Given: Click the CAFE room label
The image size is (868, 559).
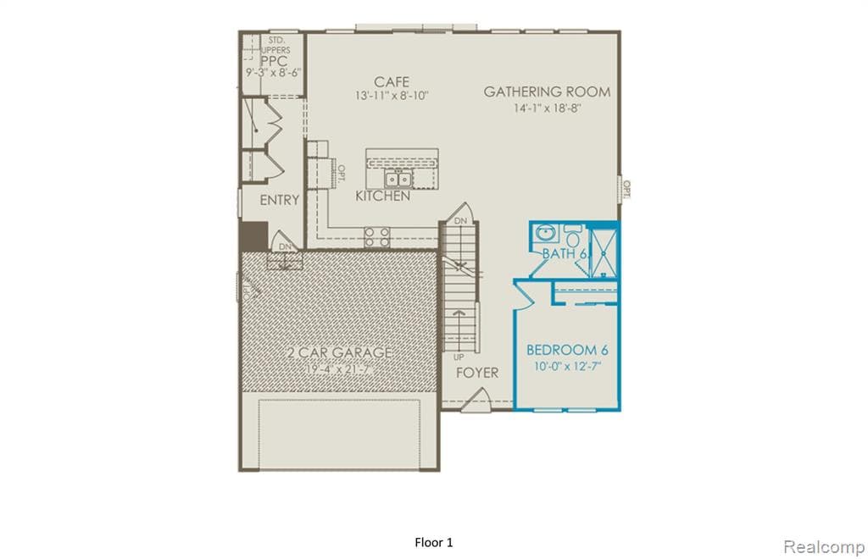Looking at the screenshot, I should pos(392,82).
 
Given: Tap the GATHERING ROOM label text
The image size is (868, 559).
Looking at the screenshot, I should pos(547,91).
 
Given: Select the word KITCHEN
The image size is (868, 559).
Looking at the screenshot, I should pos(382,196).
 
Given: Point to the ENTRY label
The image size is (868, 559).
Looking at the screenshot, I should pos(279,201).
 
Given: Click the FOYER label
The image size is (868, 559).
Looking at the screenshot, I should pos(477,373).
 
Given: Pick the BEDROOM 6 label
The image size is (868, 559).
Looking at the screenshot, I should pos(567,350).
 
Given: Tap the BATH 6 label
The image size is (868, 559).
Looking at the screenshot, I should pos(565,253).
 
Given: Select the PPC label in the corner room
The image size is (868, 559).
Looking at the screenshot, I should pos(273,61).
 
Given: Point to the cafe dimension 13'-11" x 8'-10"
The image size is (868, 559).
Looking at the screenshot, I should pos(392,97).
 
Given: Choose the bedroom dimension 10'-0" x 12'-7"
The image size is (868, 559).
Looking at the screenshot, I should pos(568,366).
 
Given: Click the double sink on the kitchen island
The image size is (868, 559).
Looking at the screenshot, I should pos(398,179).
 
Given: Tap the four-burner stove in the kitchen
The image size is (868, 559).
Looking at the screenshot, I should pos(377,236).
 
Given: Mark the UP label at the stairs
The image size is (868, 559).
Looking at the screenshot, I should pos(459,357).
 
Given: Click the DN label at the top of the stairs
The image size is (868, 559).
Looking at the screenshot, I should pos(460,221).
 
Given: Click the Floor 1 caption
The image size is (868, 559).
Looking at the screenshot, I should pos(434,541).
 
